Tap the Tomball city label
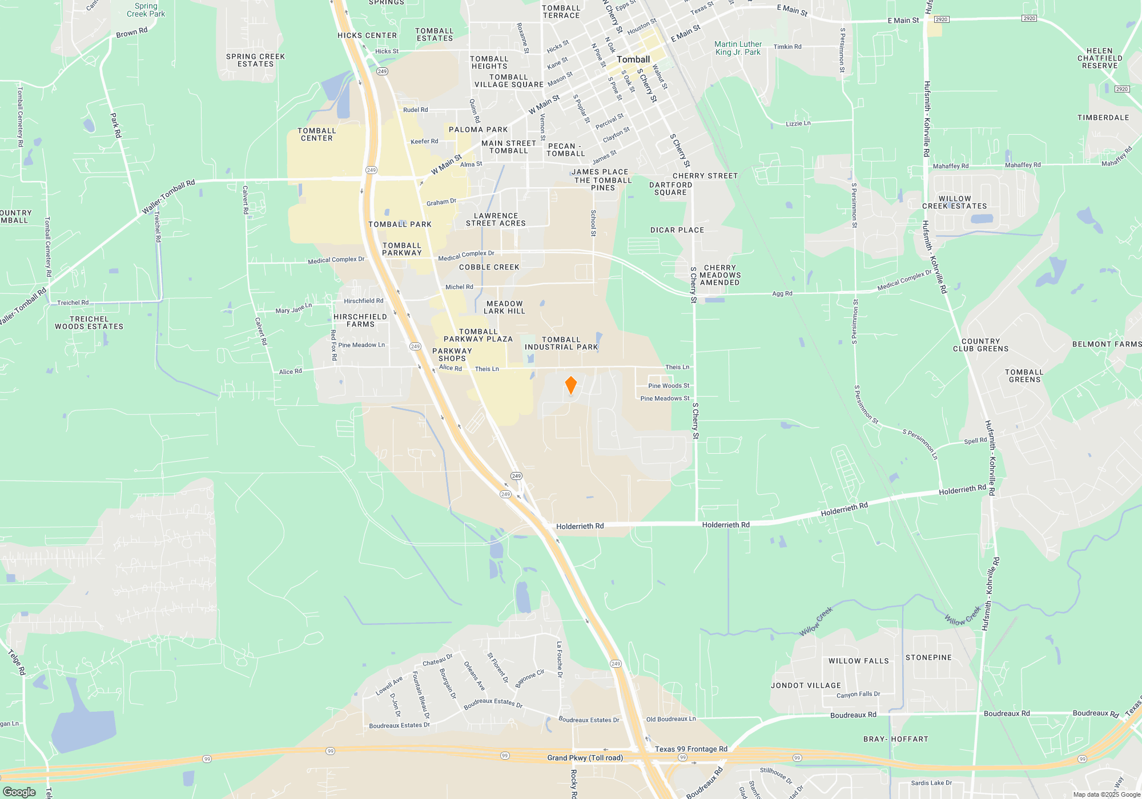click(x=633, y=59)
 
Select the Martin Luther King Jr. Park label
click(x=738, y=48)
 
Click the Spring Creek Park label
click(x=146, y=10)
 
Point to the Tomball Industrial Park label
click(x=561, y=343)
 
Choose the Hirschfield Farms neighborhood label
click(x=360, y=320)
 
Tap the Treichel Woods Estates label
click(x=89, y=323)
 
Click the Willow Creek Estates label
click(x=954, y=203)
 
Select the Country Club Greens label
click(x=980, y=345)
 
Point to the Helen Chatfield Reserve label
click(x=1100, y=58)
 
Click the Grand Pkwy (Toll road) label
click(x=585, y=758)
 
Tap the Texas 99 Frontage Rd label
click(x=691, y=749)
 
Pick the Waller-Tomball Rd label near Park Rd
click(x=168, y=196)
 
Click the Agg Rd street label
click(x=782, y=293)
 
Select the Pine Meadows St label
click(x=665, y=398)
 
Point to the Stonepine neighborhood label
click(x=928, y=657)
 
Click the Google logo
click(x=19, y=792)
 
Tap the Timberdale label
click(x=1103, y=118)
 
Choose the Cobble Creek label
click(x=489, y=267)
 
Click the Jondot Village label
click(x=806, y=685)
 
